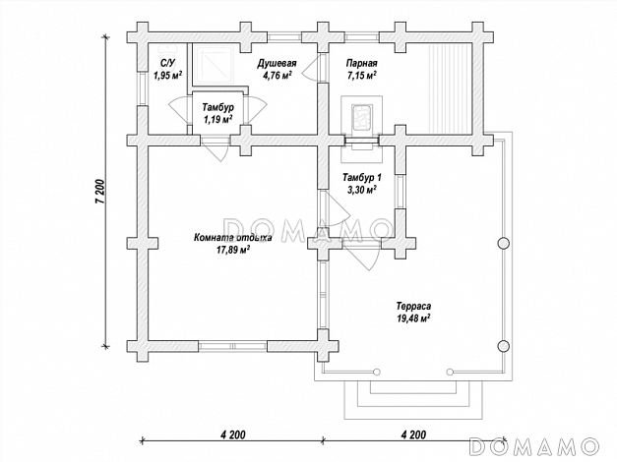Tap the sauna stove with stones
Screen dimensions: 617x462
coord(361,116)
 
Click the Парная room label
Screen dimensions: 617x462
coord(361,63)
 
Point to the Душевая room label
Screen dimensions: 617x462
coord(278,63)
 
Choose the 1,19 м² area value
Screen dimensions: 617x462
coord(217,119)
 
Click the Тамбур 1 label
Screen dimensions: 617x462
coord(361,178)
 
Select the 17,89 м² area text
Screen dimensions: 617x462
coord(233,250)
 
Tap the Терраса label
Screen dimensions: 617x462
coord(413,306)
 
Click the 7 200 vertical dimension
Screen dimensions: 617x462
coord(100,192)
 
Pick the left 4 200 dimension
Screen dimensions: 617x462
coord(233,434)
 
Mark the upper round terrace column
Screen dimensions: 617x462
coord(503,244)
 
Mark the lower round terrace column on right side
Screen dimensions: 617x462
coord(503,346)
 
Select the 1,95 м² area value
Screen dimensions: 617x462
coord(167,76)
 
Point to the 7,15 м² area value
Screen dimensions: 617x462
coord(361,76)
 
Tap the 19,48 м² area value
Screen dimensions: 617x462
coord(413,318)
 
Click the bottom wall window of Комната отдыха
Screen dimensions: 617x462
coord(232,346)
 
